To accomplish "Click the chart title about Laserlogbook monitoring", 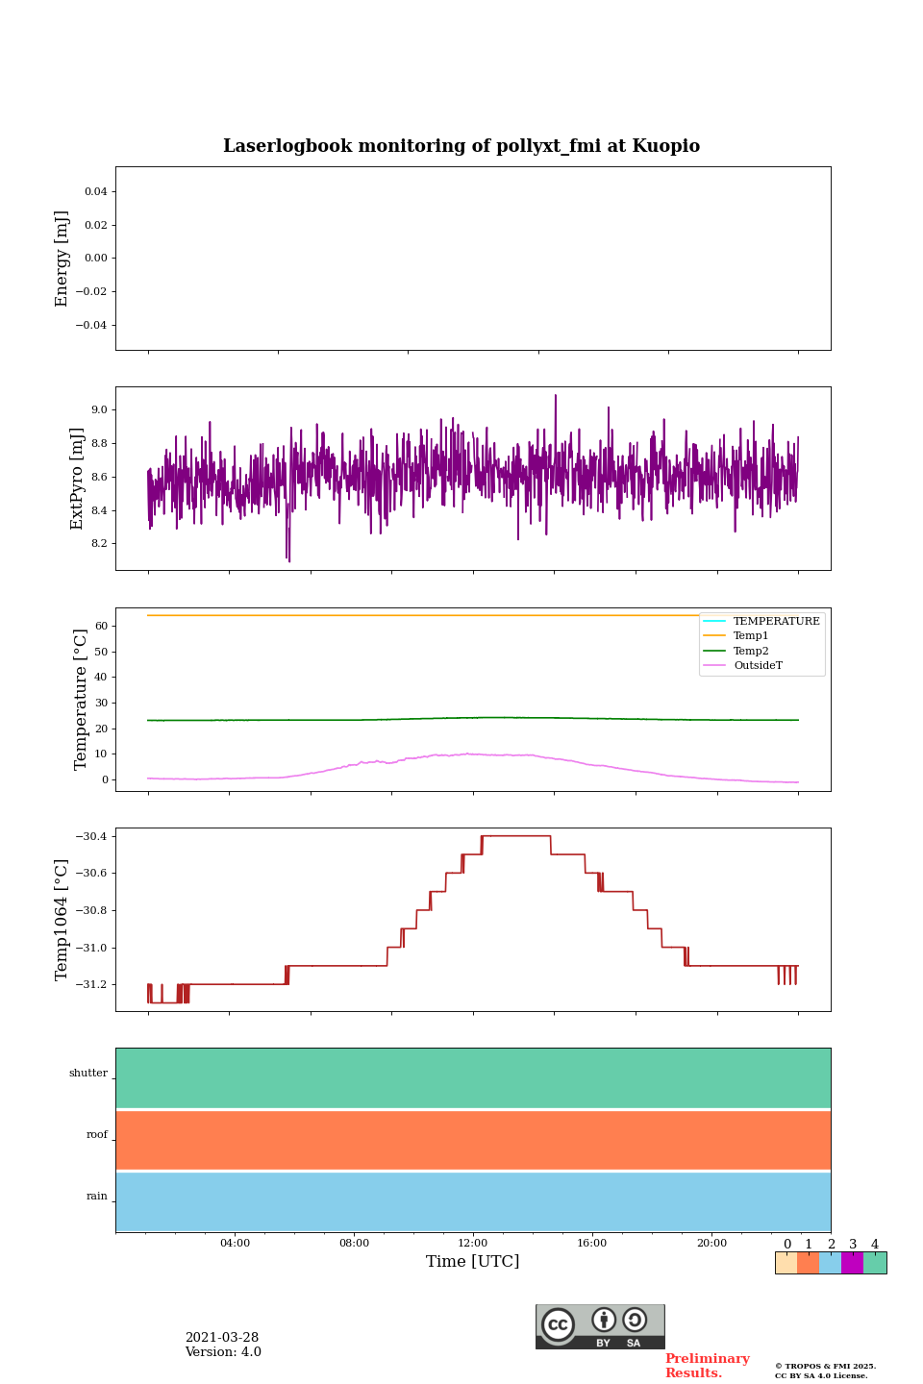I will [x=461, y=146].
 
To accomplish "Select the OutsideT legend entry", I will [x=758, y=666].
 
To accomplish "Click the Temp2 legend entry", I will [x=751, y=651].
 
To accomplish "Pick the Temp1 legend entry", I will [x=751, y=636].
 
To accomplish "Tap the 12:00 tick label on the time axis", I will [x=473, y=1243].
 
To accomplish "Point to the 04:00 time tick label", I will [x=235, y=1243].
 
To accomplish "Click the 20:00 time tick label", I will [x=711, y=1243].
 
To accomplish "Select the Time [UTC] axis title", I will [x=473, y=1261].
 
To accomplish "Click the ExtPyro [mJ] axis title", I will [x=78, y=479].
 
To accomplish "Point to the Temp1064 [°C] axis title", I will [x=62, y=920].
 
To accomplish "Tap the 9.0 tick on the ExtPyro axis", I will [x=99, y=410].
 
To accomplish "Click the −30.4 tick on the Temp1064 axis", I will [x=91, y=836].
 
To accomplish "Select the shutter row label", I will [x=88, y=1074].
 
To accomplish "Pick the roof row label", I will [x=97, y=1135].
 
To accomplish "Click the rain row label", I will [x=97, y=1197].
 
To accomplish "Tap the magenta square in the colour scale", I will [x=852, y=1263].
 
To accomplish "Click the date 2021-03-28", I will [x=222, y=1338].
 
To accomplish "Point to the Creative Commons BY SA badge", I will [x=600, y=1326].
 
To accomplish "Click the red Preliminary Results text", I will [x=707, y=1366].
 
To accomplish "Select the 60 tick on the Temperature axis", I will [x=100, y=626].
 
